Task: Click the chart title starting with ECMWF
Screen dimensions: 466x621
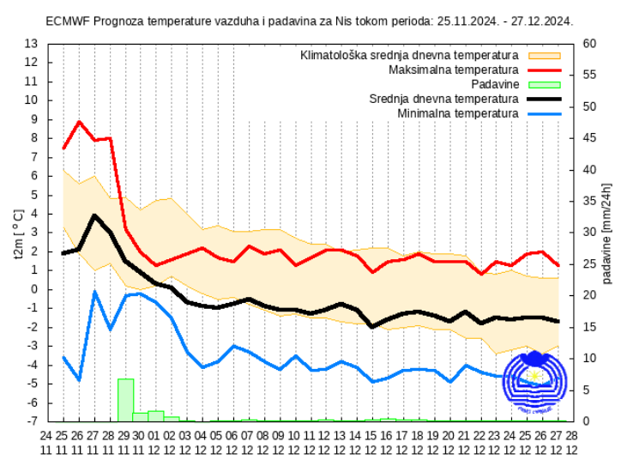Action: point(310,21)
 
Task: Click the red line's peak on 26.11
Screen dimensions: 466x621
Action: point(80,122)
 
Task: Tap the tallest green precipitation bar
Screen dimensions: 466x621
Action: point(125,399)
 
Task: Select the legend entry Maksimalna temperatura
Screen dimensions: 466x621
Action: point(454,70)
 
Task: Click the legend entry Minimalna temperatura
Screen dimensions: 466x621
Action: point(458,113)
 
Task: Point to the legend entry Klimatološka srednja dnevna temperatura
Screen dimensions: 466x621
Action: point(409,55)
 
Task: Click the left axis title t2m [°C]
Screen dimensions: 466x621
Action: point(19,233)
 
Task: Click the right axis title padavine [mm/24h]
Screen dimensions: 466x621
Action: point(606,233)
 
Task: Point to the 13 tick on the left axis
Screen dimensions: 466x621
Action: point(31,43)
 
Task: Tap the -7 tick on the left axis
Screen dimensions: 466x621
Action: point(31,421)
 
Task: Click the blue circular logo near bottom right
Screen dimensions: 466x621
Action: point(534,383)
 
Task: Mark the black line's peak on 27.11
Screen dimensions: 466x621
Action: point(94,215)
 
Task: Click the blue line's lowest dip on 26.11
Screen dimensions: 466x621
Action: point(79,379)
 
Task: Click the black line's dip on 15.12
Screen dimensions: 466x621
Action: point(372,327)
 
